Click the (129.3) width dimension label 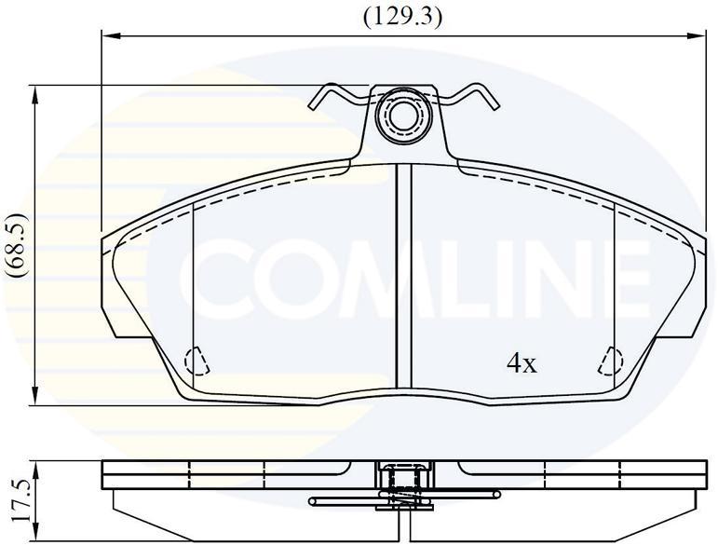click(403, 18)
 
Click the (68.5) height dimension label click(18, 245)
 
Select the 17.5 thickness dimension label click(20, 500)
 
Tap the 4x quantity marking click(522, 364)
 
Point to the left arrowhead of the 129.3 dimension click(111, 34)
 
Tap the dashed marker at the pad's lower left click(196, 361)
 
